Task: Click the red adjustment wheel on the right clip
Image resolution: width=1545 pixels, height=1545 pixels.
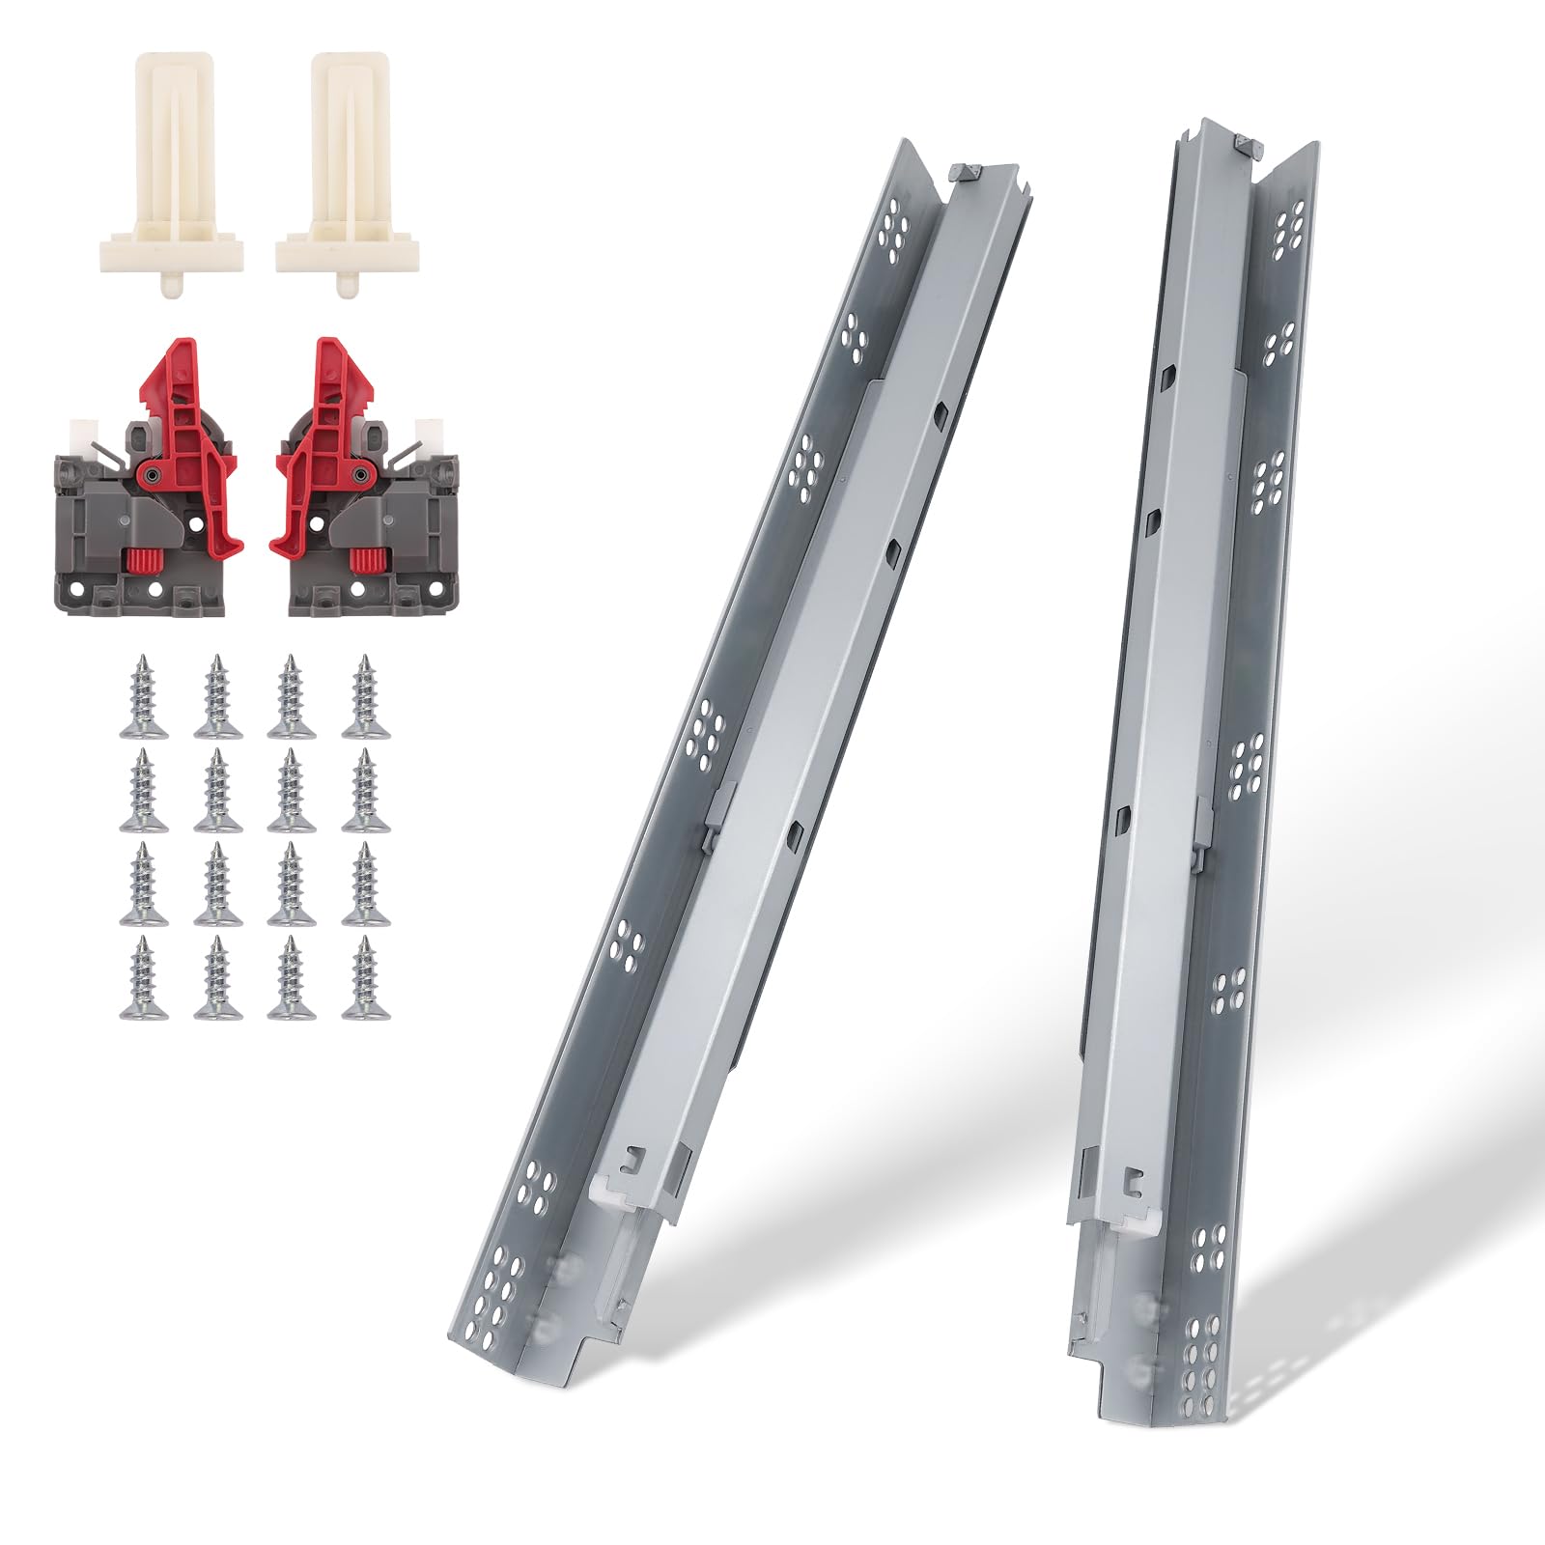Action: (364, 560)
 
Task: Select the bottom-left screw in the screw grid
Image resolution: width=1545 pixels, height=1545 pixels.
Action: (143, 977)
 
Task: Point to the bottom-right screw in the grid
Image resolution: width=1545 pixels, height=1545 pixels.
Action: (364, 977)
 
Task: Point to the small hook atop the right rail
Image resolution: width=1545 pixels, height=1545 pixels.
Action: (1251, 146)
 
